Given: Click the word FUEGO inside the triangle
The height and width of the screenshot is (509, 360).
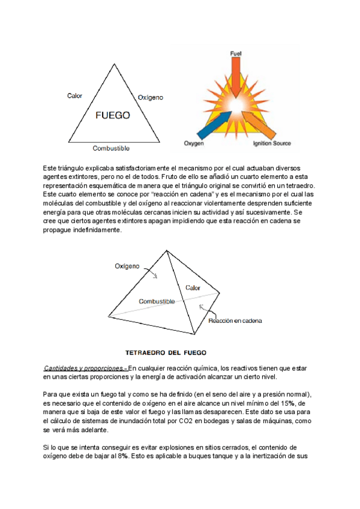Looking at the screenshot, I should [113, 116].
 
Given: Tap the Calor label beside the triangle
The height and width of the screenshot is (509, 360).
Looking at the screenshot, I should [75, 96].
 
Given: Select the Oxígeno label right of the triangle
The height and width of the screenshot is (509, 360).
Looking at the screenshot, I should [151, 97].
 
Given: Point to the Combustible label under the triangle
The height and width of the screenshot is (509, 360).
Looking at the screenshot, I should [111, 148].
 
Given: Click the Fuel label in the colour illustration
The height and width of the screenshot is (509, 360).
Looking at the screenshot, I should [236, 54].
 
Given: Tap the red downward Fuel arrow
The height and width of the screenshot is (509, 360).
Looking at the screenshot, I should [237, 78].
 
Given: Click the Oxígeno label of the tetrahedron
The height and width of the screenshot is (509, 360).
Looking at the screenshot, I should [127, 265].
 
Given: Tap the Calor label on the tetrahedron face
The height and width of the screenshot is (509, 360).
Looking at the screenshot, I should [193, 288].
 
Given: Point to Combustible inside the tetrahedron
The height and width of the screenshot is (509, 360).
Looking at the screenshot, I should [157, 301].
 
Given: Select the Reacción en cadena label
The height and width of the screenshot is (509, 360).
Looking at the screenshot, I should [235, 320].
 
